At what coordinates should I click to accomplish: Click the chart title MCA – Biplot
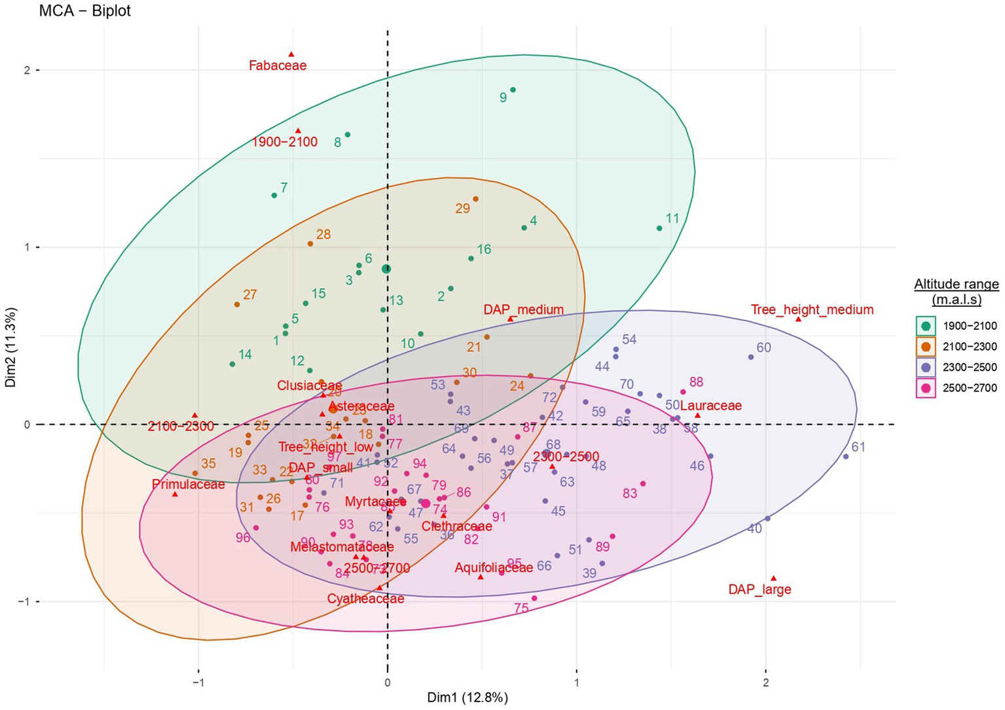[x=85, y=11]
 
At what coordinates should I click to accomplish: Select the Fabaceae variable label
[x=278, y=65]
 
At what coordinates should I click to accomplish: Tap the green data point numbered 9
[x=513, y=90]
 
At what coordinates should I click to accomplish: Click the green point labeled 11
[x=659, y=228]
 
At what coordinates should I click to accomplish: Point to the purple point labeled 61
[x=845, y=456]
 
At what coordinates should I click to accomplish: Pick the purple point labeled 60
[x=751, y=357]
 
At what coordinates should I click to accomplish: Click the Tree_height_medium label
[x=812, y=310]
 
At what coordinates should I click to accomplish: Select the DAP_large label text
[x=759, y=590]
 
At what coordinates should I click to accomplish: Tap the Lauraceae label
[x=711, y=406]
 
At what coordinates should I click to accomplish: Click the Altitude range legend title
[x=957, y=291]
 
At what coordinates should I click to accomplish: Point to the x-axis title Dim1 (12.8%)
[x=467, y=698]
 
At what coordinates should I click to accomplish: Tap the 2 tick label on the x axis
[x=765, y=682]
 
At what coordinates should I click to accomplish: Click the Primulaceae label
[x=188, y=485]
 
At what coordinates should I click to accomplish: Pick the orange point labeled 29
[x=475, y=199]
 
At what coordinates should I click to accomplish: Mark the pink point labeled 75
[x=534, y=598]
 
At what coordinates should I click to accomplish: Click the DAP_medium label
[x=523, y=310]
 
